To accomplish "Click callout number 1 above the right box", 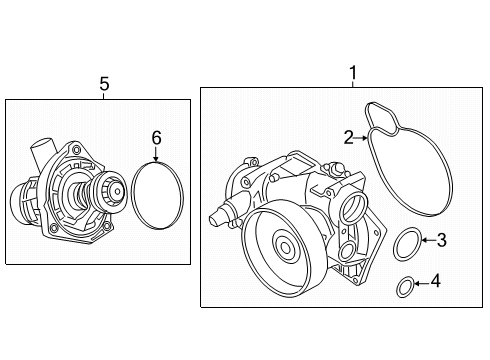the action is pyautogui.click(x=353, y=73).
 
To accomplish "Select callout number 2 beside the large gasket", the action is pyautogui.click(x=349, y=137).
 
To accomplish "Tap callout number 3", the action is pyautogui.click(x=441, y=240).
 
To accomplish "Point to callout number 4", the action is pyautogui.click(x=435, y=281).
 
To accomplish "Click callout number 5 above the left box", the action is pyautogui.click(x=104, y=84).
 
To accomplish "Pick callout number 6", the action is pyautogui.click(x=156, y=138).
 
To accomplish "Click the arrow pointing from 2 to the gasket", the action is pyautogui.click(x=361, y=137).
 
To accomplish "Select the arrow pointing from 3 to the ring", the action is pyautogui.click(x=429, y=240).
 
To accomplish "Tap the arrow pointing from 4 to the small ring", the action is pyautogui.click(x=421, y=284).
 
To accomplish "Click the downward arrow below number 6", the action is pyautogui.click(x=156, y=154).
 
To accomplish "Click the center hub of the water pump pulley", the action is pyautogui.click(x=285, y=247).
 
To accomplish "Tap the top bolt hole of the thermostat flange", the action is pyautogui.click(x=76, y=149).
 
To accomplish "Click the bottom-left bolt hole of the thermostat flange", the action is pyautogui.click(x=53, y=229).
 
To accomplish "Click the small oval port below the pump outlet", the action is pyautogui.click(x=347, y=250).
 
